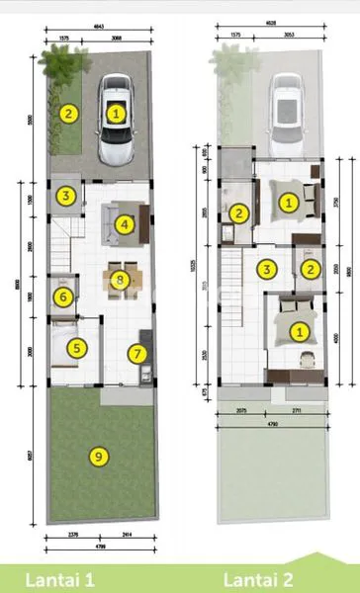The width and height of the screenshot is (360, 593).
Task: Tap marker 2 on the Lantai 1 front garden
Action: pos(67,113)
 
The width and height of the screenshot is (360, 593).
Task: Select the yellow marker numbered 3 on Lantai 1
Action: pos(65,196)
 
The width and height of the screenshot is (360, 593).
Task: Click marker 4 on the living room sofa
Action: pos(124,224)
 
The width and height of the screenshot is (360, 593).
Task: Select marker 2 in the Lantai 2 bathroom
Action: pos(238,212)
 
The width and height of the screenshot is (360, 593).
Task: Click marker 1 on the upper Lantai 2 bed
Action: pos(288,203)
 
